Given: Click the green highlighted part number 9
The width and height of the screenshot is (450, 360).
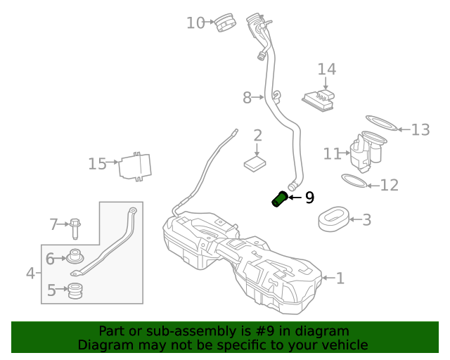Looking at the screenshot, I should click(x=280, y=200).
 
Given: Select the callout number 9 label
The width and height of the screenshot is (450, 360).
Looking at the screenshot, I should click(x=309, y=198).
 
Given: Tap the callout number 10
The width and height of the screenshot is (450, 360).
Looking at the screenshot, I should click(x=195, y=23).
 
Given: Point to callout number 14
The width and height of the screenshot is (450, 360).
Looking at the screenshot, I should click(x=326, y=70).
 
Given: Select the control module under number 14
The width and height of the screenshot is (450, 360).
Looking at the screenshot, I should click(x=318, y=99).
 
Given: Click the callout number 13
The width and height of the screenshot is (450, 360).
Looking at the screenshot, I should click(x=420, y=129).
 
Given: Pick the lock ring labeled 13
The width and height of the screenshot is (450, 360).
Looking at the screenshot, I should click(x=380, y=124).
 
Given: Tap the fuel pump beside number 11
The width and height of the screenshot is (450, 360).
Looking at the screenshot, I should click(x=366, y=152).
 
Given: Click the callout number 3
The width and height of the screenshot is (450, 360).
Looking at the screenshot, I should click(x=366, y=220).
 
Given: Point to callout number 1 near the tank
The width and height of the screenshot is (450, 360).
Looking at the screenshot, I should click(x=340, y=278).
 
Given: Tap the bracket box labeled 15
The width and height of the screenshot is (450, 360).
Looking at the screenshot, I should click(x=136, y=167).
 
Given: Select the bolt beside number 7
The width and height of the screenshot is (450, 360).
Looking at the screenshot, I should click(x=75, y=227).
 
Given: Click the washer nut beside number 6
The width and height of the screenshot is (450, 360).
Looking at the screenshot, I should click(x=75, y=258).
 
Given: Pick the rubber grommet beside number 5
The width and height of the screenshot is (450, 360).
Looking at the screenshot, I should click(x=75, y=290).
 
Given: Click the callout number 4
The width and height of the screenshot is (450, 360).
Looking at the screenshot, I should click(x=30, y=273).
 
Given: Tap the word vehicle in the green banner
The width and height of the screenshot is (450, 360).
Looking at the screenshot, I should click(x=342, y=345).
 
